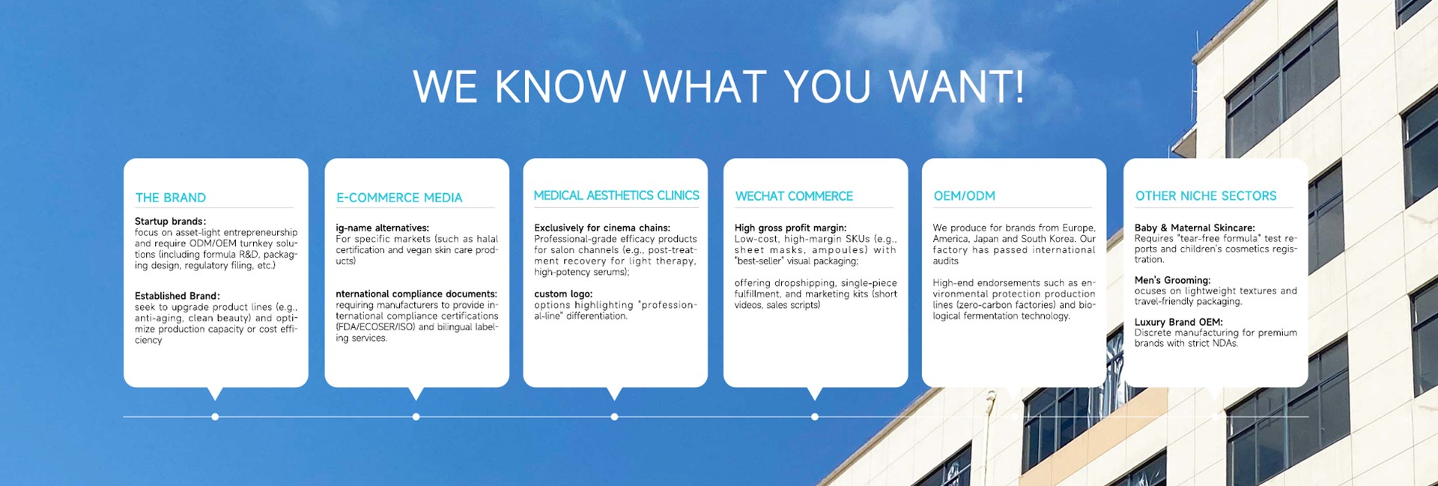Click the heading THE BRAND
[x=171, y=198]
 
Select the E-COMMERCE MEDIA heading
[x=399, y=198]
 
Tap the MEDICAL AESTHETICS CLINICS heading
[x=616, y=195]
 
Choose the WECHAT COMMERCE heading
[x=794, y=196]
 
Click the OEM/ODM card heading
[x=965, y=196]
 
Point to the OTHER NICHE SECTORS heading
[x=1206, y=196]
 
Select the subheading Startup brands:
[x=171, y=222]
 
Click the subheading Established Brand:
[x=178, y=296]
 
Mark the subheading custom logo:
[x=563, y=294]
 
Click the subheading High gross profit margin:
[x=790, y=228]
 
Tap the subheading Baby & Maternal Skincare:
[x=1195, y=228]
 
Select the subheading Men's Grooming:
[x=1172, y=280]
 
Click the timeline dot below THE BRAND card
[x=215, y=417]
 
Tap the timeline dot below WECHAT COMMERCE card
[x=815, y=417]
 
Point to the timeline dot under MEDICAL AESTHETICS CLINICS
[x=614, y=417]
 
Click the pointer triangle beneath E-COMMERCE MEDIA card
[x=416, y=392]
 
